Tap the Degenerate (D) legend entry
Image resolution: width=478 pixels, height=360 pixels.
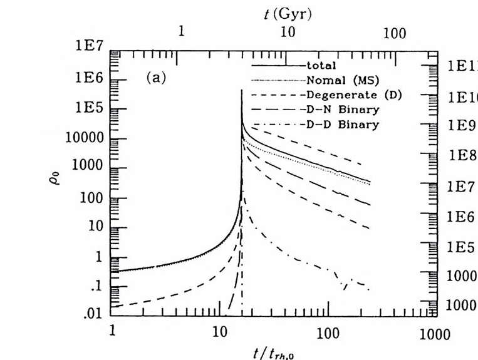(x=353, y=95)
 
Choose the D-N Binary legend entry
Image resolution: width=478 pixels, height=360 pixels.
(x=343, y=110)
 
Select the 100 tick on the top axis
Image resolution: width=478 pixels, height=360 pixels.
(x=395, y=33)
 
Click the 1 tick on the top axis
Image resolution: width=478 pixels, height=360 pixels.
(x=181, y=33)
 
